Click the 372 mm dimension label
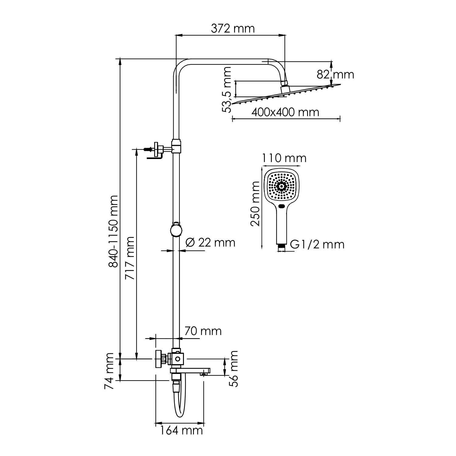pos(233,29)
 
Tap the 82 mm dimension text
pos(335,74)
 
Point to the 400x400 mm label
pos(285,112)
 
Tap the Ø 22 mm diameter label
pos(210,243)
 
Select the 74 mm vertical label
pos(109,372)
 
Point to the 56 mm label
pos(233,368)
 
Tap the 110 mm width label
pos(284,158)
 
